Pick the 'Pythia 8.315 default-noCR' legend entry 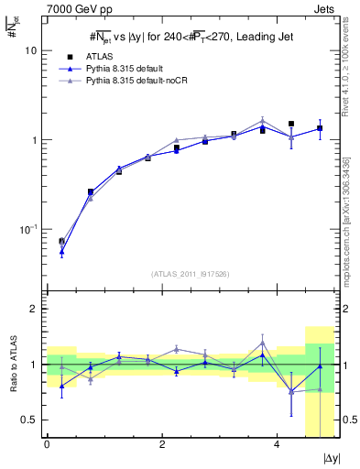pos(140,82)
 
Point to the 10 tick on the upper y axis pos(31,51)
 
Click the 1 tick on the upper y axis pos(34,140)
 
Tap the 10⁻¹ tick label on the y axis pos(27,230)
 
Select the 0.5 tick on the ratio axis pos(29,420)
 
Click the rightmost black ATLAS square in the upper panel pos(320,128)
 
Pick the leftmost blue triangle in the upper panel pos(61,250)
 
